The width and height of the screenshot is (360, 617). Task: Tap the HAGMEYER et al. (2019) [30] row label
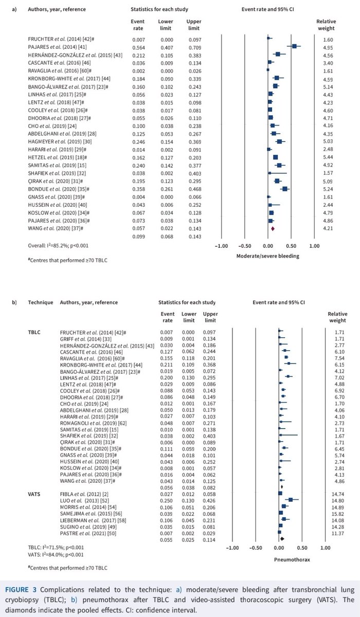pyautogui.click(x=55, y=126)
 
